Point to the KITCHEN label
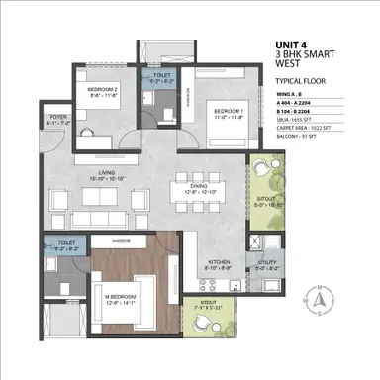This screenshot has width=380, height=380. click(218, 262)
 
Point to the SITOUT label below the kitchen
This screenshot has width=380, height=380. click(208, 302)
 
